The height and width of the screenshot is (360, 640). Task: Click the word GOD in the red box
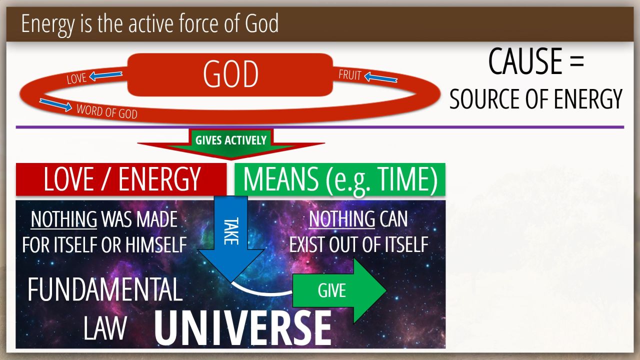pyautogui.click(x=230, y=74)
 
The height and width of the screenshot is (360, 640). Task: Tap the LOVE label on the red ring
pyautogui.click(x=76, y=78)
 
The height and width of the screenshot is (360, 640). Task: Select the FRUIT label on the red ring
pyautogui.click(x=350, y=75)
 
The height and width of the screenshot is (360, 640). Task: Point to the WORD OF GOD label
pyautogui.click(x=107, y=111)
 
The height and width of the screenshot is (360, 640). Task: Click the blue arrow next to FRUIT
pyautogui.click(x=381, y=77)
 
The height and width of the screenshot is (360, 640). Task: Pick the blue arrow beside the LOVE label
pyautogui.click(x=105, y=75)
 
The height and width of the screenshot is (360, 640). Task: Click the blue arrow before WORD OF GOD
pyautogui.click(x=55, y=104)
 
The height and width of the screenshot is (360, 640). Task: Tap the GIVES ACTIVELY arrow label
pyautogui.click(x=231, y=140)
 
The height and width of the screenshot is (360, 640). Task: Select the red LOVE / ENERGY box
pyautogui.click(x=121, y=179)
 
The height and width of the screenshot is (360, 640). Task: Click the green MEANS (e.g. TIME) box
pyautogui.click(x=340, y=179)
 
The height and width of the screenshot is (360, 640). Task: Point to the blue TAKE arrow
pyautogui.click(x=231, y=239)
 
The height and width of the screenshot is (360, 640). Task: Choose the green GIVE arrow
pyautogui.click(x=339, y=290)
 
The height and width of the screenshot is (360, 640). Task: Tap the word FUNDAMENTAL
pyautogui.click(x=105, y=289)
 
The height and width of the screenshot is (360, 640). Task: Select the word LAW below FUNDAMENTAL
pyautogui.click(x=105, y=328)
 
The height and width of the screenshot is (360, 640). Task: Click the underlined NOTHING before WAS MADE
pyautogui.click(x=64, y=219)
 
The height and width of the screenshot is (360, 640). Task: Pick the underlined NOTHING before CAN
pyautogui.click(x=342, y=219)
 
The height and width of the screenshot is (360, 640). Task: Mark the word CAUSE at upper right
pyautogui.click(x=525, y=61)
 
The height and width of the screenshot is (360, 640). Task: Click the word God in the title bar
pyautogui.click(x=261, y=23)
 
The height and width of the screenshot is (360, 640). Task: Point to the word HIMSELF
pyautogui.click(x=156, y=245)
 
